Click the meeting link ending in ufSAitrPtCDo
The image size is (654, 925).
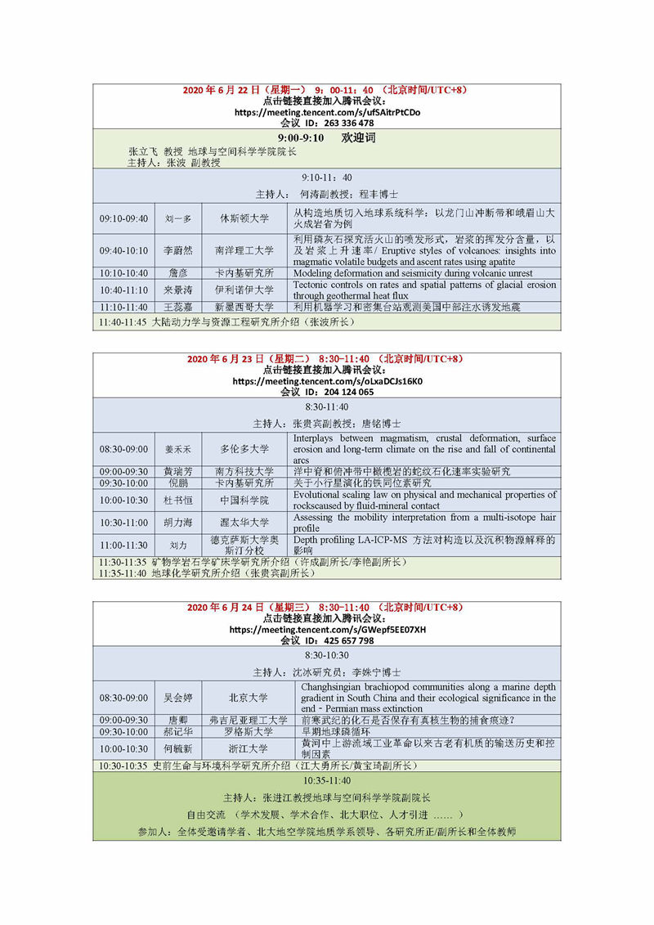327,112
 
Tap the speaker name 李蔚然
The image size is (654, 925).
178,250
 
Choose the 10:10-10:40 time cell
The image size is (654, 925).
123,273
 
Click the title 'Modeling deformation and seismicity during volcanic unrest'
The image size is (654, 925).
413,273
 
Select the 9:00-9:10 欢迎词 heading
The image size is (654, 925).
327,138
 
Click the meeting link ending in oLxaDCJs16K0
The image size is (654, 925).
327,381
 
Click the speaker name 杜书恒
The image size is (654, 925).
178,500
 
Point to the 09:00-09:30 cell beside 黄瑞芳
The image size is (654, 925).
123,472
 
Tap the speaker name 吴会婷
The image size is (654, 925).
178,698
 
